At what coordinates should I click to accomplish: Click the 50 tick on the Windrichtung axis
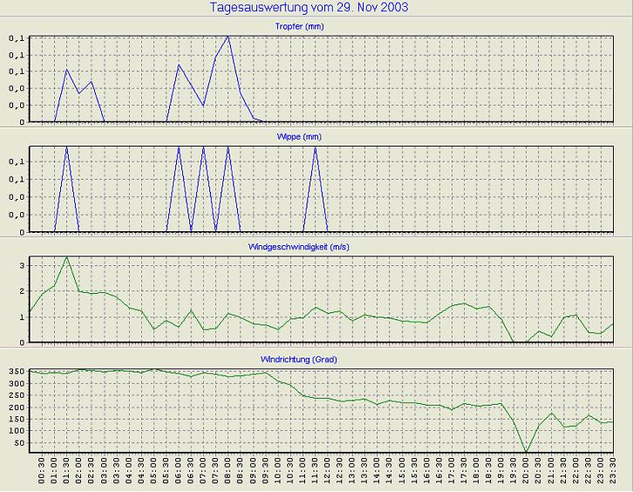(x=18, y=443)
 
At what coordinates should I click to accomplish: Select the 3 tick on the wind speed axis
(x=23, y=263)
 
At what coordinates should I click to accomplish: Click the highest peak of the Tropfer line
(x=228, y=37)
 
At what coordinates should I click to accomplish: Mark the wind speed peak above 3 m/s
(x=66, y=257)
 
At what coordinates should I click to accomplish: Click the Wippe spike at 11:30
(x=315, y=147)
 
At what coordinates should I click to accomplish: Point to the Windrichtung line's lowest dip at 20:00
(x=526, y=452)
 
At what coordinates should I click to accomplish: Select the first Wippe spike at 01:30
(x=66, y=147)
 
